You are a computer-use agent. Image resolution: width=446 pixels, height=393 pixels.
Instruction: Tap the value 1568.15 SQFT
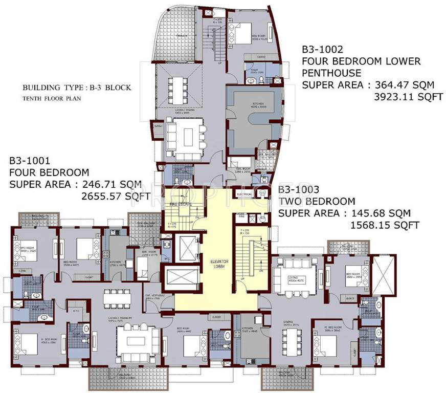pos(385,225)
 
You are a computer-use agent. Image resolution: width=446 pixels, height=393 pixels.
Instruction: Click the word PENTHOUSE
pos(331,73)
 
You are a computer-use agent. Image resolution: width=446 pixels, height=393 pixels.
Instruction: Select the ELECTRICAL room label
pos(244,194)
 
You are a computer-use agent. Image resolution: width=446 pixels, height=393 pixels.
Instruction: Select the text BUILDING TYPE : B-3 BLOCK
pos(77,88)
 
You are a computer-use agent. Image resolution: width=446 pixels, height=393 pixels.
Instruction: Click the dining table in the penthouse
pos(178,84)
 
